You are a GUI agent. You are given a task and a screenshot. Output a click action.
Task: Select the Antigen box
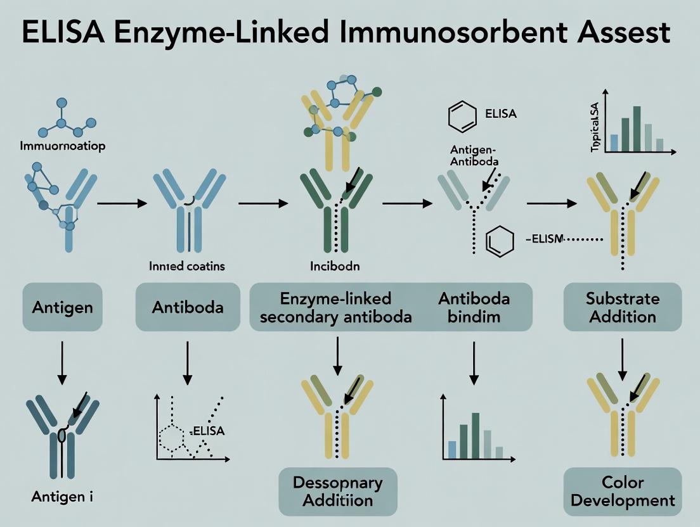coord(62,308)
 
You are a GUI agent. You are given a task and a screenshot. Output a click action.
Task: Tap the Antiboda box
coord(187,308)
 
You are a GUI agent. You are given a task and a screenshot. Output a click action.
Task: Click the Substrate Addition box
coord(623,307)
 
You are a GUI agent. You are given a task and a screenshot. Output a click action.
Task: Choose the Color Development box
coord(623,492)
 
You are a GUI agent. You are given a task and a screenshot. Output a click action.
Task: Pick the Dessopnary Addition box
coord(337,492)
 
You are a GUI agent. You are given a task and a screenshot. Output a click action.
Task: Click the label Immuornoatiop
coord(62,146)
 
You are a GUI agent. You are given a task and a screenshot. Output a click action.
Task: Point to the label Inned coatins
coord(187,267)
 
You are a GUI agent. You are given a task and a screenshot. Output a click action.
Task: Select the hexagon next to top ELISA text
coord(461,117)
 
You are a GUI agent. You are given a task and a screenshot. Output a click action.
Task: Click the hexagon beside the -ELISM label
coord(498,243)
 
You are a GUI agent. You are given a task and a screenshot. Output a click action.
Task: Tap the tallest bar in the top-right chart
coord(637,129)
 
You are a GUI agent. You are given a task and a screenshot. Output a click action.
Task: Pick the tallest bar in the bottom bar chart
coord(475,436)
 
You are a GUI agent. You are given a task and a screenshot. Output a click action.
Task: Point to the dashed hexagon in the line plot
coord(173,436)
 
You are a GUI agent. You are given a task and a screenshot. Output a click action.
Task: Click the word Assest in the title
coord(629,33)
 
